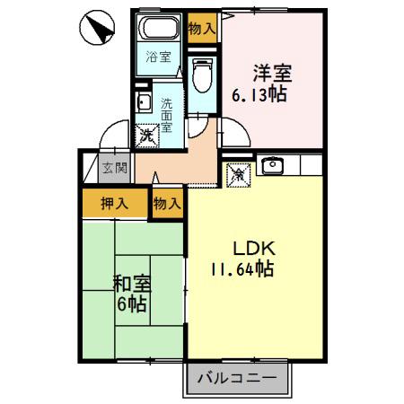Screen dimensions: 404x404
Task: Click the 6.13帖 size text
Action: click(x=259, y=93)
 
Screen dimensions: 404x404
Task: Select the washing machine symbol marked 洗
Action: click(x=147, y=136)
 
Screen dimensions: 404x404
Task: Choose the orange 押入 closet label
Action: click(x=114, y=203)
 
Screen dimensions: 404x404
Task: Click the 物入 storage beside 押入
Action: click(x=167, y=203)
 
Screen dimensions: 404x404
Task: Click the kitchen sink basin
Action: click(x=272, y=165)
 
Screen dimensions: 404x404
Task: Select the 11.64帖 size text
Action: click(x=242, y=268)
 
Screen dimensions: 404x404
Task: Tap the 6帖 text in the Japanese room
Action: click(x=131, y=305)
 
